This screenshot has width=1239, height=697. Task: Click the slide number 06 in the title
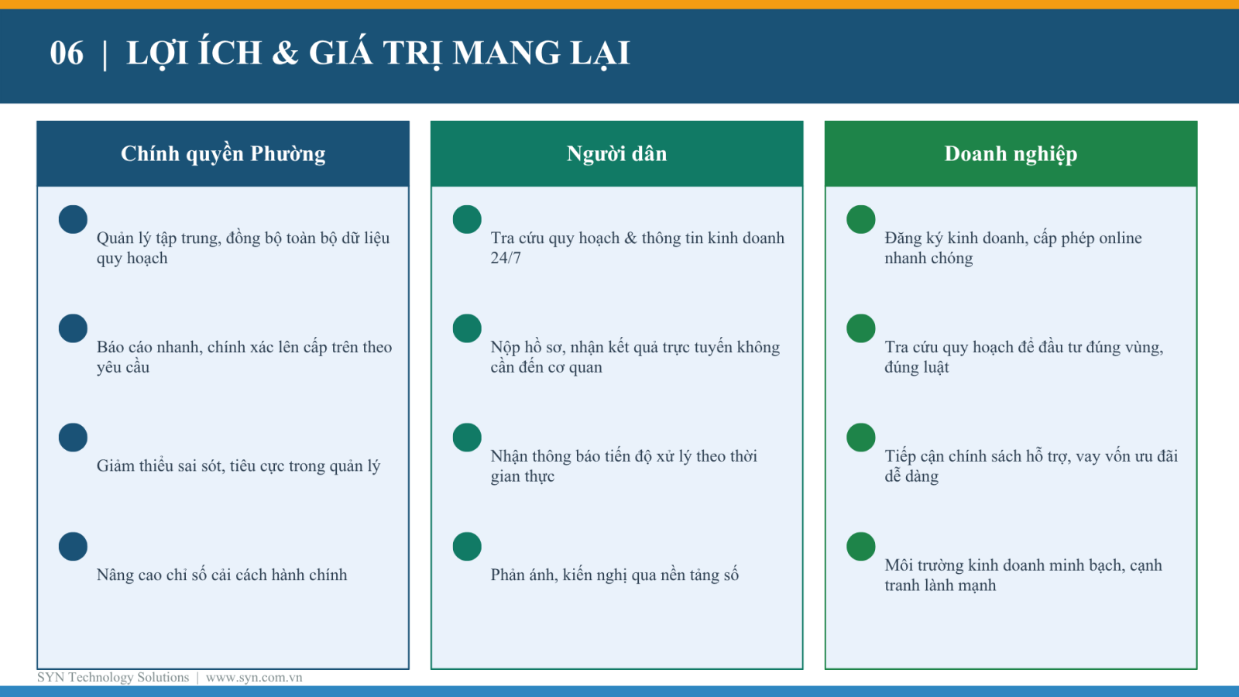[67, 53]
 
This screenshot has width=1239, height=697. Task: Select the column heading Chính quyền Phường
[223, 154]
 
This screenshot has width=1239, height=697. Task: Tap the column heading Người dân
[616, 154]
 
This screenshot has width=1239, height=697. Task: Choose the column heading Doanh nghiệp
[1011, 154]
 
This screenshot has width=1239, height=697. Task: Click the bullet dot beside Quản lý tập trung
[73, 220]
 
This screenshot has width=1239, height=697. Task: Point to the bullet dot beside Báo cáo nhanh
[73, 328]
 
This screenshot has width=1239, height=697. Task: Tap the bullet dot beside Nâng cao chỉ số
[73, 547]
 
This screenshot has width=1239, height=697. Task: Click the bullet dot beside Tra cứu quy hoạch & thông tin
[467, 220]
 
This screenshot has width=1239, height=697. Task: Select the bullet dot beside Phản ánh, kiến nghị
[467, 547]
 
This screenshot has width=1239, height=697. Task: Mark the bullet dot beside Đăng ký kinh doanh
[860, 220]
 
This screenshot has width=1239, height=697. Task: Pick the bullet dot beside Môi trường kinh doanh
[860, 547]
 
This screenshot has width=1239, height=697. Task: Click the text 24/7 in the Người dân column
[506, 259]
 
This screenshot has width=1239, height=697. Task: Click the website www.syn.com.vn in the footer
[254, 677]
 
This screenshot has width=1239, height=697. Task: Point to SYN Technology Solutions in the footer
[113, 677]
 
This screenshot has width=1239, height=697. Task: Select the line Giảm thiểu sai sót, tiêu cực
[239, 465]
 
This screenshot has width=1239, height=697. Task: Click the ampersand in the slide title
[285, 53]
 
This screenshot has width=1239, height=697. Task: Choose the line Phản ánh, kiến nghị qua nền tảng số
[615, 575]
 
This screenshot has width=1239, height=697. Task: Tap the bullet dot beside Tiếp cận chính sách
[860, 438]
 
